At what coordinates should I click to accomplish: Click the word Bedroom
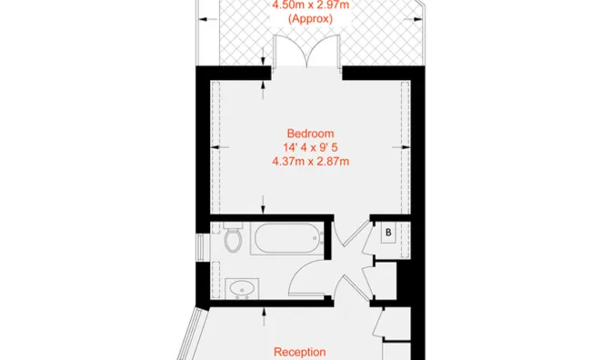310,134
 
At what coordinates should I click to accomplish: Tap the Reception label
300,352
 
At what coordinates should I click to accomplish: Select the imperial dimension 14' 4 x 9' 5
310,147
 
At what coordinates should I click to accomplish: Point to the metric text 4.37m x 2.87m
310,162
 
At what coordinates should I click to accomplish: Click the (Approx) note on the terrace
310,19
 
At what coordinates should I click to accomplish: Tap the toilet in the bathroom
233,237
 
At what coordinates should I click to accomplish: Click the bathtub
287,239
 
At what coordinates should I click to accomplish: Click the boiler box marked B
388,233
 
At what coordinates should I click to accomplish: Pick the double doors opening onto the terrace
307,51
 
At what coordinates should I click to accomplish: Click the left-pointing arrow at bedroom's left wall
220,147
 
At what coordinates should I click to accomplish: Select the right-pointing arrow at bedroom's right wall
401,147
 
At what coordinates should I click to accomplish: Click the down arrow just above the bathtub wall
263,204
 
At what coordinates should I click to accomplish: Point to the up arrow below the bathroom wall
264,316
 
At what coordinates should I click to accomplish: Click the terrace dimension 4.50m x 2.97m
310,5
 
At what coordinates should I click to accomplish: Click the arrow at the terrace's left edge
208,19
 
